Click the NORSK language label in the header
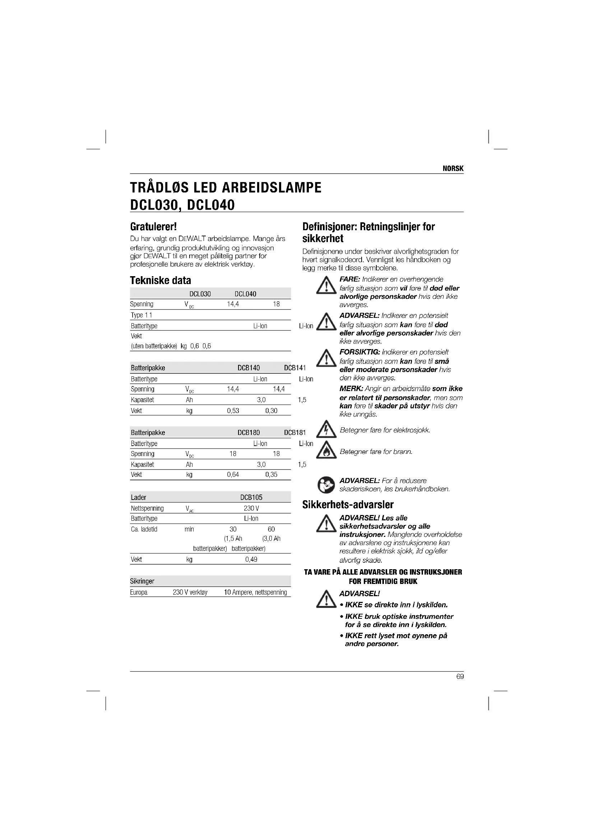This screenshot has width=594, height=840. coord(453,169)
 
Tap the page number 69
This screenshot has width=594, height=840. coord(460,677)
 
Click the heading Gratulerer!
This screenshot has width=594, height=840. coord(153,227)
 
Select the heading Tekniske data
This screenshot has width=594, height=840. coord(160,280)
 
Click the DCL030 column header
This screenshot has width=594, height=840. coord(200,294)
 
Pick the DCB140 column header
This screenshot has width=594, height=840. coord(249,368)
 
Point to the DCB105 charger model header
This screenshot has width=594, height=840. coord(251,497)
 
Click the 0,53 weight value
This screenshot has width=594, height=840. coord(233,411)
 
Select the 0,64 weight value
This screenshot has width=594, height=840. coord(233,475)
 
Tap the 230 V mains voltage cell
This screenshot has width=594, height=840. coord(251,509)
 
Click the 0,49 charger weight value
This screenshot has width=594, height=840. coord(251,560)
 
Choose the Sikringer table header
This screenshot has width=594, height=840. coord(142,581)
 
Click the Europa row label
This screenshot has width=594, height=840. coord(139,592)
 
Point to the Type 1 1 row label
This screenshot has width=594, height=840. coord(141,315)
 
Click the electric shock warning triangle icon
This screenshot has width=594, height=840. coord(326,430)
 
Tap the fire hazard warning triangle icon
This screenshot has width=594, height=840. coord(326,450)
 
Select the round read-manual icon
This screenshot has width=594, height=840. coord(325,485)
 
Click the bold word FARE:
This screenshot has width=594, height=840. coord(350,279)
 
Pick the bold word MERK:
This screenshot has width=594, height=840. coord(351,389)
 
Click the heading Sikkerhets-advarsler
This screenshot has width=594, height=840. coord(348,505)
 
